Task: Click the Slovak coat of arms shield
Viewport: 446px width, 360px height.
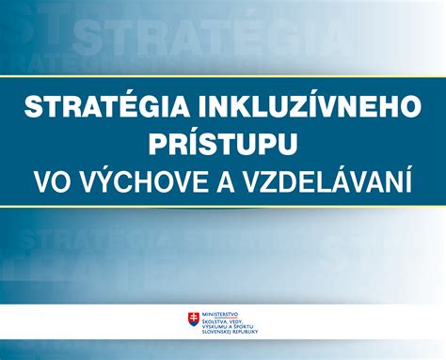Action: coord(194,321)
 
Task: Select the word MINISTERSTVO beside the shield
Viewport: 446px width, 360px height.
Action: coord(222,314)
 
